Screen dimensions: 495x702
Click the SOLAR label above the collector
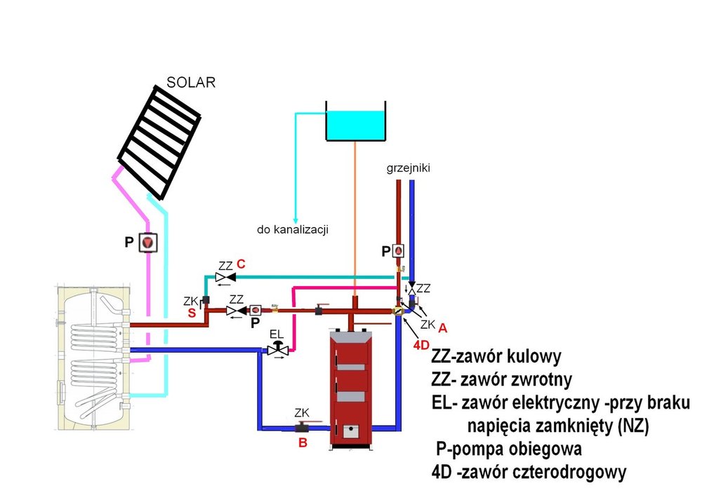(190, 82)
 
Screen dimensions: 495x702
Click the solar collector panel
(161, 140)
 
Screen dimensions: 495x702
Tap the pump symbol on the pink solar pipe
(149, 243)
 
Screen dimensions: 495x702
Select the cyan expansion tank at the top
(356, 125)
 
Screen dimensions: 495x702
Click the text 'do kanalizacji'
(291, 229)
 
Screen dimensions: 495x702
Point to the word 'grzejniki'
(407, 168)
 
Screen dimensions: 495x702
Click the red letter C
(241, 264)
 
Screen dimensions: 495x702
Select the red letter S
(190, 313)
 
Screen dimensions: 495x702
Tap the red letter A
(442, 327)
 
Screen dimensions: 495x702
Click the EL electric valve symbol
(278, 348)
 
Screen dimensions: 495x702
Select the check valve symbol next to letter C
(225, 278)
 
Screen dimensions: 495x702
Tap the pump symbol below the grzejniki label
(398, 250)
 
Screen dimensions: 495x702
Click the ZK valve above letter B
(303, 426)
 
